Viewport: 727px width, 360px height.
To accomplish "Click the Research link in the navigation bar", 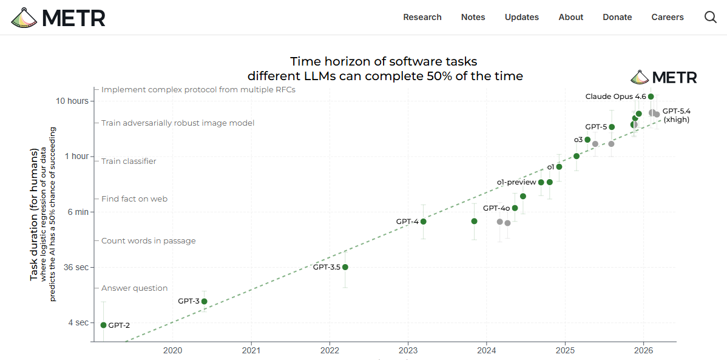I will (x=422, y=17).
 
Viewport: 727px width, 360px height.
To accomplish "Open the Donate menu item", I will (x=617, y=17).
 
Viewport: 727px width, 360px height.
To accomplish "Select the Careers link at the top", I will (x=668, y=17).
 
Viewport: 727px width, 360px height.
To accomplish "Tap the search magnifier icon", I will (x=711, y=17).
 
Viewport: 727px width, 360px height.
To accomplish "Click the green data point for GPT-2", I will (x=103, y=325).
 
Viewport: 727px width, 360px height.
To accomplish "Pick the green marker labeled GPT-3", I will (x=205, y=301).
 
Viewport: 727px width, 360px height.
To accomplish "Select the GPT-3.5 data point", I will (x=345, y=267).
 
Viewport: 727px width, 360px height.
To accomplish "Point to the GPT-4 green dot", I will (x=424, y=222).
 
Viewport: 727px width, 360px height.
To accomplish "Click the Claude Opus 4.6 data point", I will (x=651, y=97).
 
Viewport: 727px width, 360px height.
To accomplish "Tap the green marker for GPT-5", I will (x=612, y=127).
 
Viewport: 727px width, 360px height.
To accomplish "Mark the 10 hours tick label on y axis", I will (x=72, y=101).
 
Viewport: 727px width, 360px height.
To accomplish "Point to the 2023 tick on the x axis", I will (x=408, y=350).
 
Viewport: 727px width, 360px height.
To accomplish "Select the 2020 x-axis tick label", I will (x=173, y=350).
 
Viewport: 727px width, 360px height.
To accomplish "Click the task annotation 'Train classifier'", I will (x=129, y=161).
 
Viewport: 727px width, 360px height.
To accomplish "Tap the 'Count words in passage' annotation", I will (x=149, y=241).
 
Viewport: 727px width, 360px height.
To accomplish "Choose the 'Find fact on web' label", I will (x=134, y=199).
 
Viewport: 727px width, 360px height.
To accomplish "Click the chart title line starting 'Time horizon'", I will (x=384, y=61).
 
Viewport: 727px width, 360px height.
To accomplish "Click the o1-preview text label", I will (x=516, y=182).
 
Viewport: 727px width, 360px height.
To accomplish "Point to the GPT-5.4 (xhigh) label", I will (x=676, y=115).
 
